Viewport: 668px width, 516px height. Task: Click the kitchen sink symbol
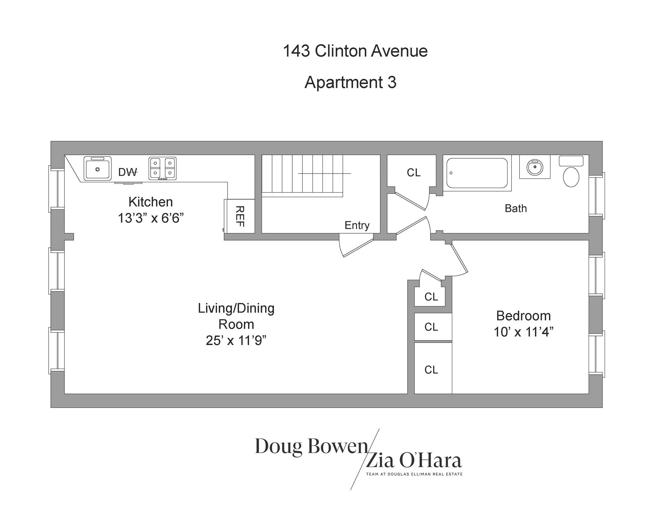click(97, 168)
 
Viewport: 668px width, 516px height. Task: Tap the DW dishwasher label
click(127, 172)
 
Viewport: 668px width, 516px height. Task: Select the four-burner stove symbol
click(162, 168)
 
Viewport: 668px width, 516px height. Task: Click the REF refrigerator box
click(240, 216)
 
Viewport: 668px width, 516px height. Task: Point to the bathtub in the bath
click(477, 173)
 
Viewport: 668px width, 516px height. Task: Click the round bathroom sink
click(534, 167)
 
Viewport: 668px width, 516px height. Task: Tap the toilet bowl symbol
click(571, 177)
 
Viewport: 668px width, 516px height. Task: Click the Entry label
click(357, 225)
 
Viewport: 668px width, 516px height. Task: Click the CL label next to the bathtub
click(413, 172)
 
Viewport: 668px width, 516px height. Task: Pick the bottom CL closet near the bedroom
click(431, 370)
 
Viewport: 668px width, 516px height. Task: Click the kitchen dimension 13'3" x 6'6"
click(151, 218)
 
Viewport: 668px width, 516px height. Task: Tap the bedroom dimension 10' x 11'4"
click(523, 332)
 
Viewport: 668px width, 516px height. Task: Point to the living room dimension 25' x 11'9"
click(236, 340)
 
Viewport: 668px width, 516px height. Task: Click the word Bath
click(515, 208)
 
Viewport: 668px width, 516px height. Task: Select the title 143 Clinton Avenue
click(355, 51)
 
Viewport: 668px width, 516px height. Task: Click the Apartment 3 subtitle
click(350, 82)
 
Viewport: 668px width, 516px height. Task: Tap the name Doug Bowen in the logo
click(311, 446)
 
